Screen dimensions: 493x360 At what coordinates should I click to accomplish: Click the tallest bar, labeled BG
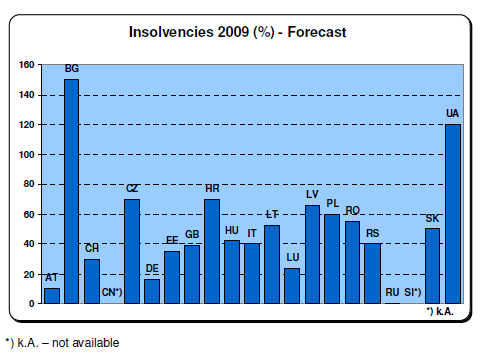click(x=71, y=191)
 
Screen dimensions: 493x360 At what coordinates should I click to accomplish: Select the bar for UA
click(x=453, y=214)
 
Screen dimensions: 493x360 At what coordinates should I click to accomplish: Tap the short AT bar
click(x=52, y=296)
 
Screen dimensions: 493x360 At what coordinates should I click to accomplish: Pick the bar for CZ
click(x=132, y=251)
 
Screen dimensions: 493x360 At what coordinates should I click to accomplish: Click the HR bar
click(x=212, y=251)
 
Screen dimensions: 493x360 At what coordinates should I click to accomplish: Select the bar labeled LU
click(x=292, y=286)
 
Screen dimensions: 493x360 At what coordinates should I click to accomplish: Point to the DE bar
click(x=152, y=291)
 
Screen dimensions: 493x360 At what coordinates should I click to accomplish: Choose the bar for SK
click(x=432, y=266)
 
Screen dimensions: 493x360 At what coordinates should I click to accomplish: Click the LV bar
click(x=312, y=254)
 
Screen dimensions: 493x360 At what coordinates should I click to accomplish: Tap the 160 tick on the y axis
click(x=27, y=65)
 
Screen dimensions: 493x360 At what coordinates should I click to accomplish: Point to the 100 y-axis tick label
click(x=27, y=155)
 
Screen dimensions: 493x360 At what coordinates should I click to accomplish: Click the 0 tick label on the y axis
click(x=31, y=304)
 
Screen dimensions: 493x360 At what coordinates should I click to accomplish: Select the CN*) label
click(x=112, y=292)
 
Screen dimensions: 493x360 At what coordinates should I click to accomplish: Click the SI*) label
click(x=412, y=292)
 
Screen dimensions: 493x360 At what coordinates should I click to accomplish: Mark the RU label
click(x=392, y=292)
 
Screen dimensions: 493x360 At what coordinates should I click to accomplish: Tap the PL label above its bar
click(x=332, y=203)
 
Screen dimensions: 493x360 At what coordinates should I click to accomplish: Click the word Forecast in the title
click(x=317, y=32)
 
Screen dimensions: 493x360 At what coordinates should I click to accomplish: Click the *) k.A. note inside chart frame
click(x=440, y=311)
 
